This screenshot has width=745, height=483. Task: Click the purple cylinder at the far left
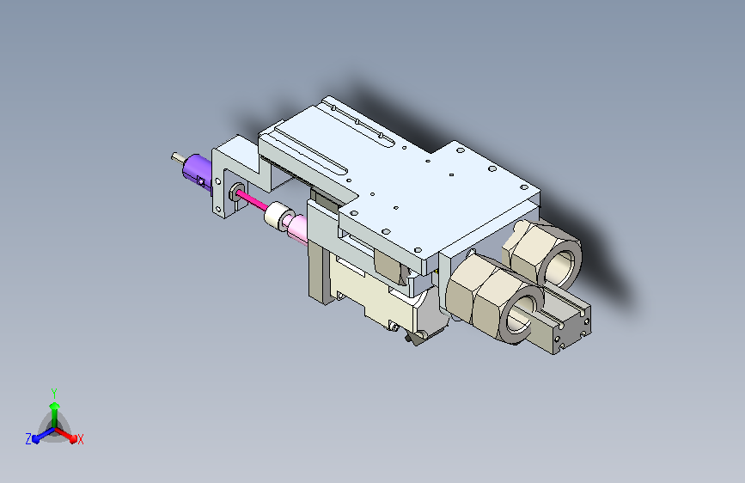[197, 171]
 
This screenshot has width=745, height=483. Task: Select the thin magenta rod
[252, 202]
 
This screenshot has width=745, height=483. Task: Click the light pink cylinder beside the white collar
[297, 229]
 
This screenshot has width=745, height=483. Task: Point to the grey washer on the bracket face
[237, 192]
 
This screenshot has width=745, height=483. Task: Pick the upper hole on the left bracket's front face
[218, 181]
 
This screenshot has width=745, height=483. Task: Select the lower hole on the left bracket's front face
[217, 208]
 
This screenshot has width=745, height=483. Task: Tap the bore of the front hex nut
[518, 315]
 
